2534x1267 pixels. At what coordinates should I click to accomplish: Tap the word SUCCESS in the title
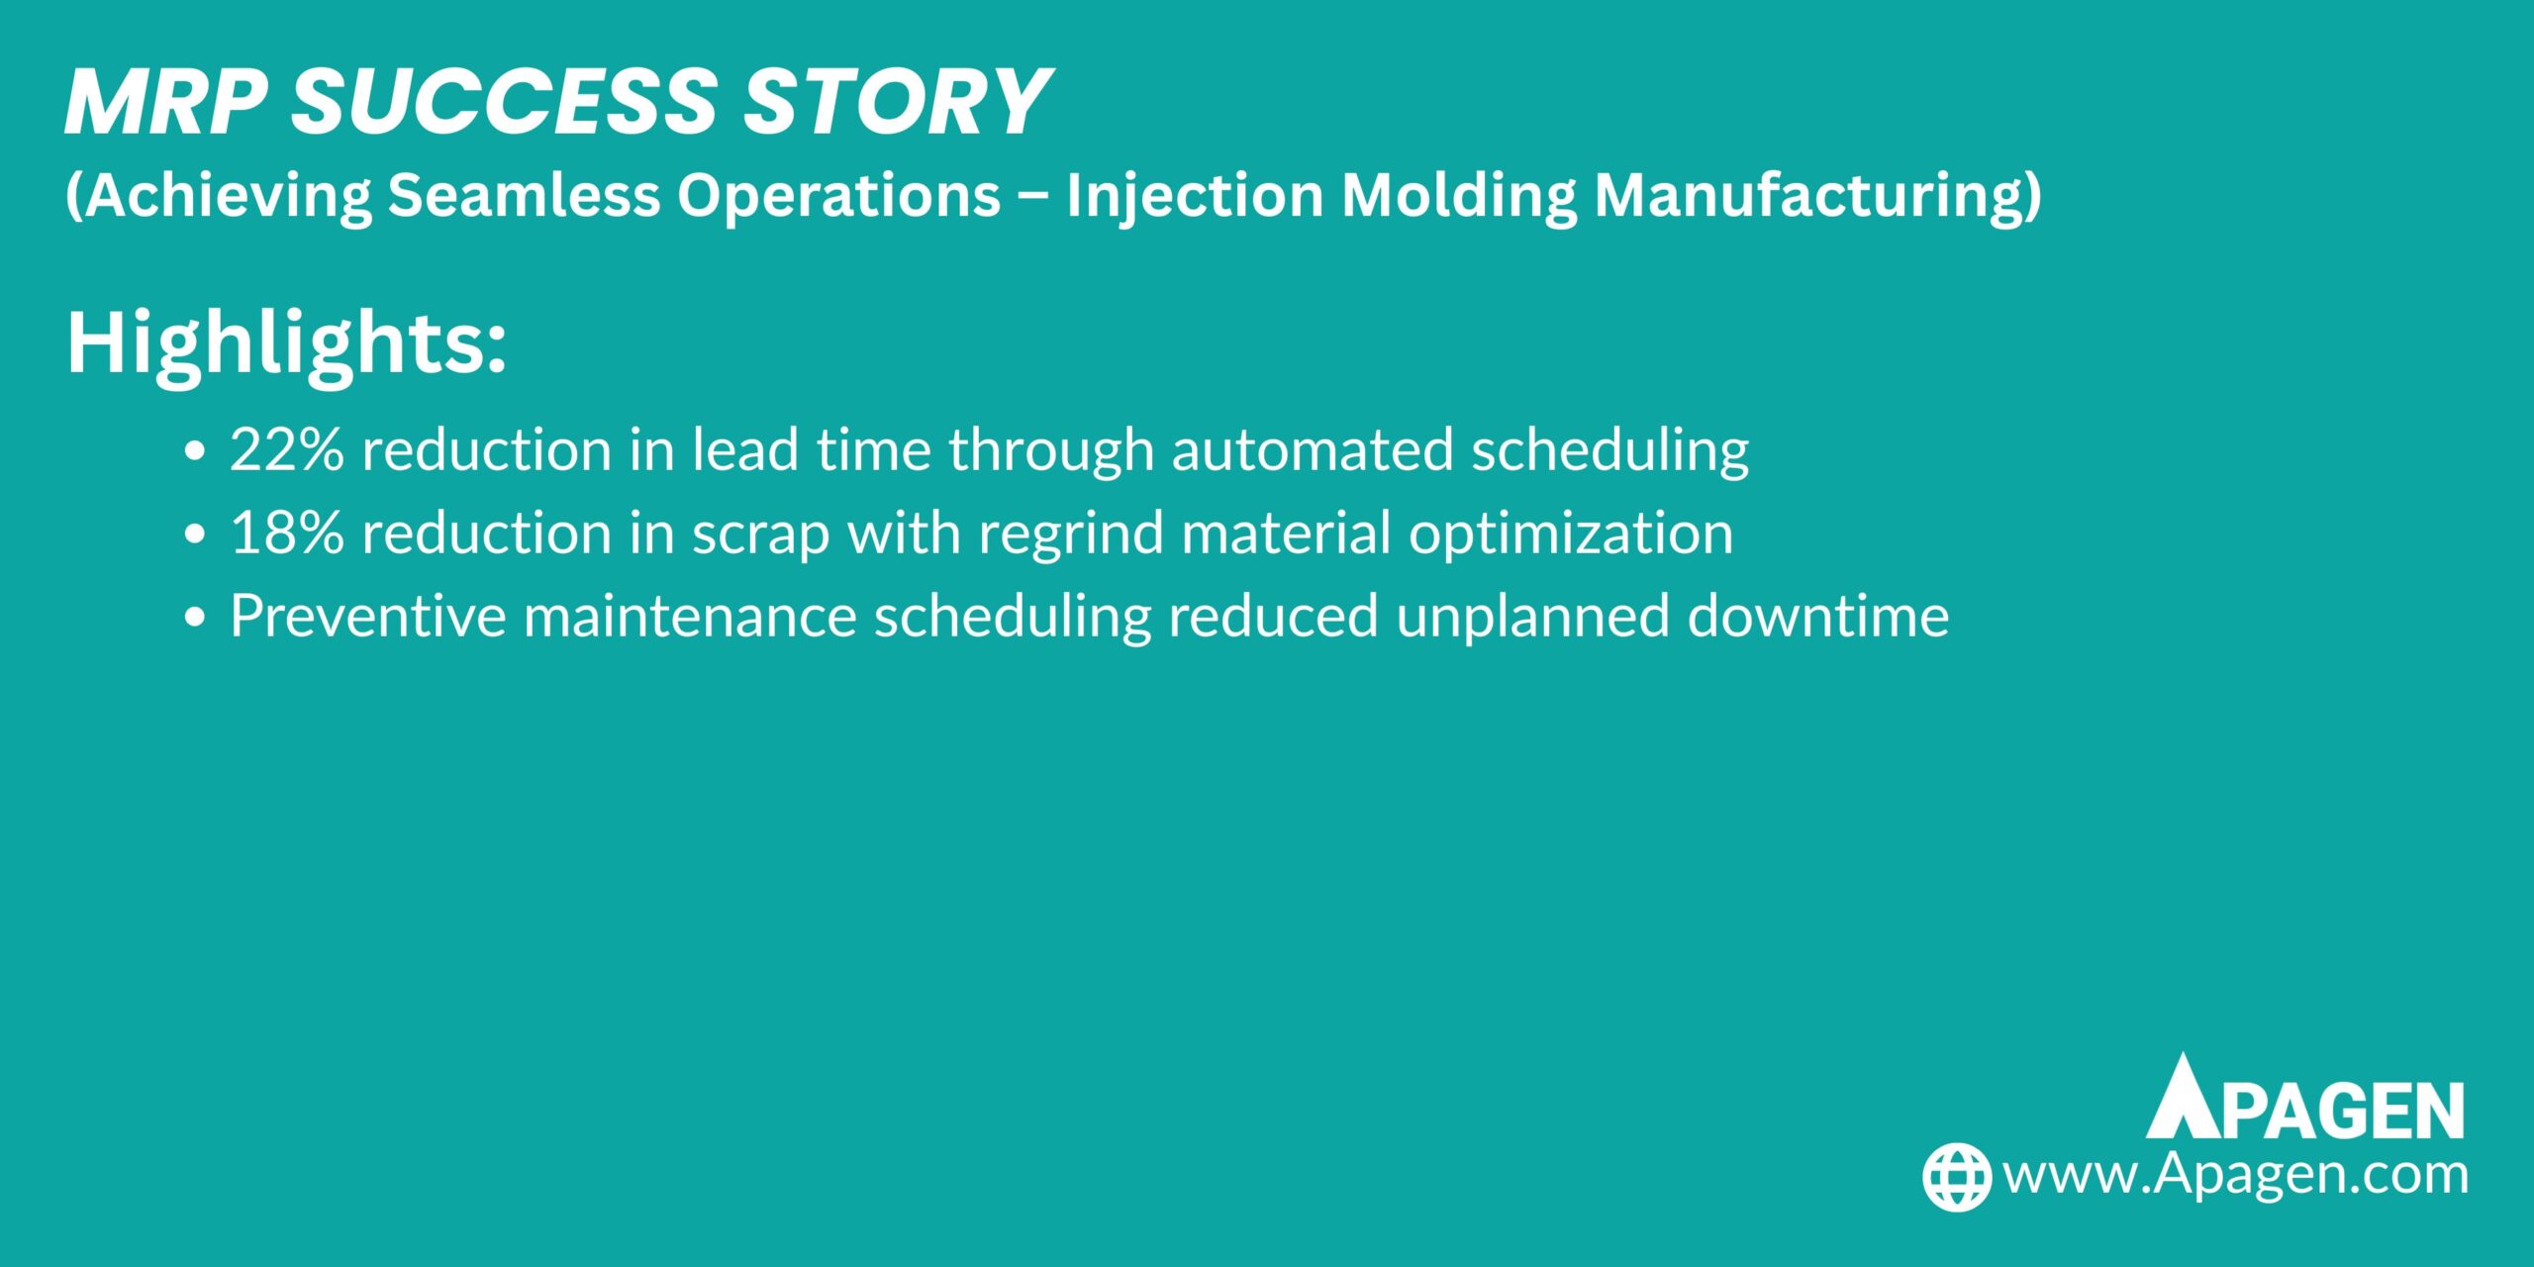(504, 102)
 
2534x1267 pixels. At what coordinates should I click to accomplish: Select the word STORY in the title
(897, 102)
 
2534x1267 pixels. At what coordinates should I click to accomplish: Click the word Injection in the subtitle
(1195, 196)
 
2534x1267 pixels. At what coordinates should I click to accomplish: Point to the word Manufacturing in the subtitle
(1817, 196)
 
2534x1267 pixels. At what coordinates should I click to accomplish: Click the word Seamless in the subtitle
(523, 196)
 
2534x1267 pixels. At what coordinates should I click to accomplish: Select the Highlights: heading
(286, 342)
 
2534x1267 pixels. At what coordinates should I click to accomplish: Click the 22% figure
(287, 450)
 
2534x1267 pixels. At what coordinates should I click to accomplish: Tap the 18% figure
(287, 534)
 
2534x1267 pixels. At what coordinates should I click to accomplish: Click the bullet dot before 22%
(195, 451)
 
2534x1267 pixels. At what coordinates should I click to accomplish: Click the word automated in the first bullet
(1313, 450)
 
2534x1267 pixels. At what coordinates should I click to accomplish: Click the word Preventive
(367, 617)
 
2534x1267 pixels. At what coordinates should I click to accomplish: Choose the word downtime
(1817, 617)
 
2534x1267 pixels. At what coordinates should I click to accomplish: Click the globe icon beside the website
(1956, 1177)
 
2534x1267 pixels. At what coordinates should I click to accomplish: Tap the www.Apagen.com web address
(2235, 1175)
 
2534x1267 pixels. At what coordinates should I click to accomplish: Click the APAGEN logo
(2304, 1099)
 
